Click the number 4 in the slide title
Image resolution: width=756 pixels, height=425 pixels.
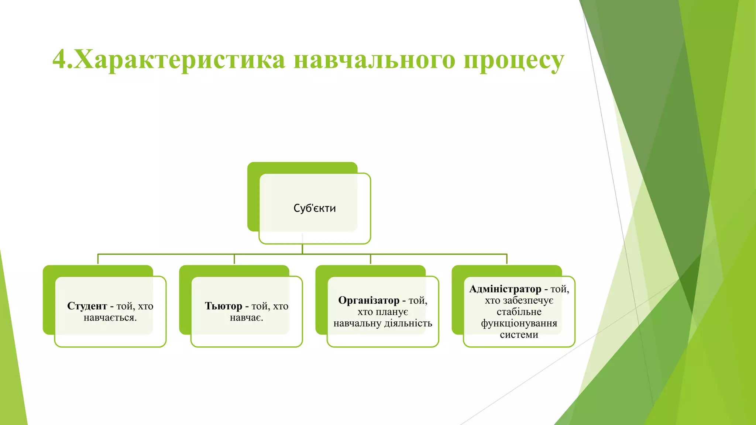60,59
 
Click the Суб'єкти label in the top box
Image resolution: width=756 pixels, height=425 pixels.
315,208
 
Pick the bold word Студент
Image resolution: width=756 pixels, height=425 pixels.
87,306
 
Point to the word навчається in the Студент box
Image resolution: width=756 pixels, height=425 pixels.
110,318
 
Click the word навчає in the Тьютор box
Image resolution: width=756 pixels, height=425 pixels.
246,318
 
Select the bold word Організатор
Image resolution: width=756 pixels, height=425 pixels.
369,300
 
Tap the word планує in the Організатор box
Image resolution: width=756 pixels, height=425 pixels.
394,312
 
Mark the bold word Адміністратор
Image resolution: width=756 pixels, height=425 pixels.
505,289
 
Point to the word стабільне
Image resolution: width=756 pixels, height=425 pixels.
519,312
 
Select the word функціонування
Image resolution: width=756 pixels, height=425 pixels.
519,324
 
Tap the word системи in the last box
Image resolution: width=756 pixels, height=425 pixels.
519,335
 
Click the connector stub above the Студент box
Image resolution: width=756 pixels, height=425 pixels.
98,259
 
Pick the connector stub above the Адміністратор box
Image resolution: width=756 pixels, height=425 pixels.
507,259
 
